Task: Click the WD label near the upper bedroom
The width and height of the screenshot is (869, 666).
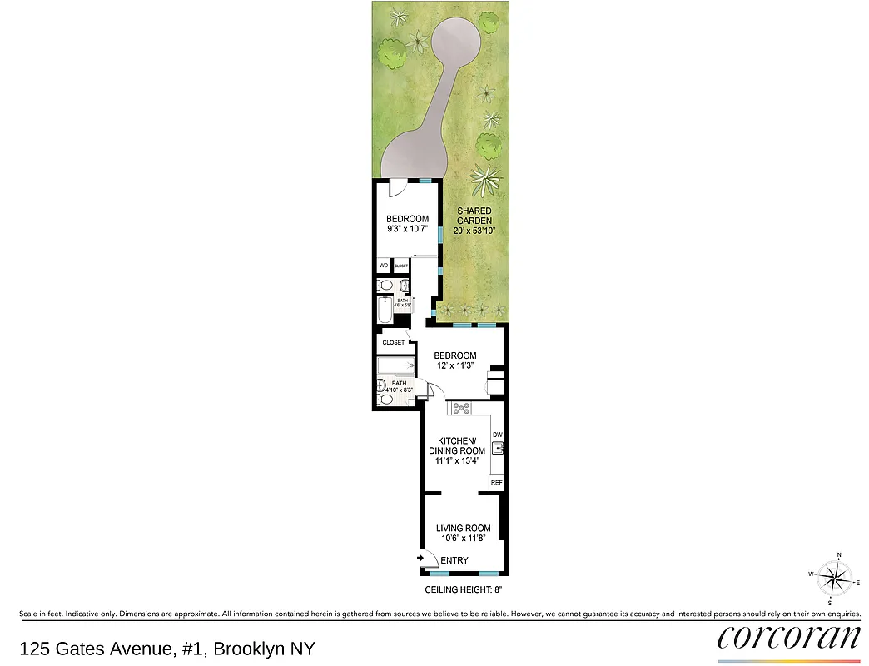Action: pos(384,266)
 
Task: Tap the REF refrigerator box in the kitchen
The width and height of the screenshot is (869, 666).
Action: pos(497,483)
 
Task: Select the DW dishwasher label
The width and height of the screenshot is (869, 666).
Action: pos(498,435)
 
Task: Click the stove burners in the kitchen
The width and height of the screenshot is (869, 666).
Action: pos(459,408)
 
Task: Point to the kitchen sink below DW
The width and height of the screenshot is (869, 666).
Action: pos(498,449)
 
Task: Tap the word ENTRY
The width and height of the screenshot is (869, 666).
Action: pos(454,560)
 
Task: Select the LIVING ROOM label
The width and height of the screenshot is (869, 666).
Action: pos(464,528)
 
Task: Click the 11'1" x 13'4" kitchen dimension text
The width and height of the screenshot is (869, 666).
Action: pos(457,461)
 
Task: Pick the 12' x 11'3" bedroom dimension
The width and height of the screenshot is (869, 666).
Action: pos(455,366)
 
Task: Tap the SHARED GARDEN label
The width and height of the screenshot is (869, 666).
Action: pos(474,216)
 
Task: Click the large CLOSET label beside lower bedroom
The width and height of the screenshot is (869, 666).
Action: pos(393,342)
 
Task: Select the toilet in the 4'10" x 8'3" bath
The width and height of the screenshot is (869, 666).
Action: pos(384,399)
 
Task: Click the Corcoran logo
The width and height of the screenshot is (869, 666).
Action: pos(788,637)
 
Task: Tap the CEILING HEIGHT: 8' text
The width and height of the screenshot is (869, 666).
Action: pos(464,589)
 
